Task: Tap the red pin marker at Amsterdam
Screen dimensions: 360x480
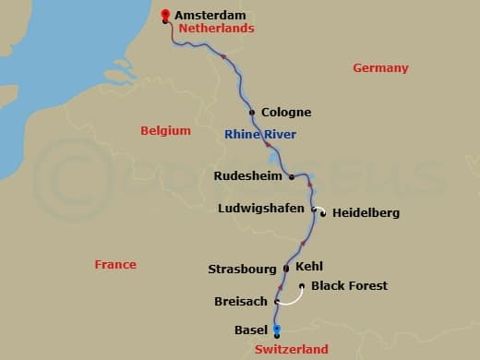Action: click(x=165, y=14)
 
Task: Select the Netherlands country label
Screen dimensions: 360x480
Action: click(x=216, y=29)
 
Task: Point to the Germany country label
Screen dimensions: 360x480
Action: click(x=380, y=68)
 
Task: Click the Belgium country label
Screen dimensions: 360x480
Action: click(x=165, y=131)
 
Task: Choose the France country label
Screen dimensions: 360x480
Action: click(x=115, y=265)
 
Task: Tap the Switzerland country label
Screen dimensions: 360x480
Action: click(x=291, y=350)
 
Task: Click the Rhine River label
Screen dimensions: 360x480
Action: click(x=260, y=136)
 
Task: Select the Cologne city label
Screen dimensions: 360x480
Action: click(x=286, y=113)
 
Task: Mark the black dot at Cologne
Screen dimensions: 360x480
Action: click(x=252, y=114)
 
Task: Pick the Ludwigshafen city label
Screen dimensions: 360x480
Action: click(x=260, y=209)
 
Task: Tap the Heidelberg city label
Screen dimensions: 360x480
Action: click(x=366, y=213)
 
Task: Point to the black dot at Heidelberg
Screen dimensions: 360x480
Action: click(x=323, y=214)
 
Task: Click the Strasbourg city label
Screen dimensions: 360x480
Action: click(x=242, y=270)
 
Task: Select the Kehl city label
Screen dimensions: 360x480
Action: click(x=309, y=266)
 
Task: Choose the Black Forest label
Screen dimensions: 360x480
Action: click(x=349, y=286)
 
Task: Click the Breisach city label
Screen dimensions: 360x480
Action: click(x=242, y=301)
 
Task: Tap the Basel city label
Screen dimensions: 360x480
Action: click(x=252, y=330)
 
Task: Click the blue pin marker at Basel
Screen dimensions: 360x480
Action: click(x=277, y=329)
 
